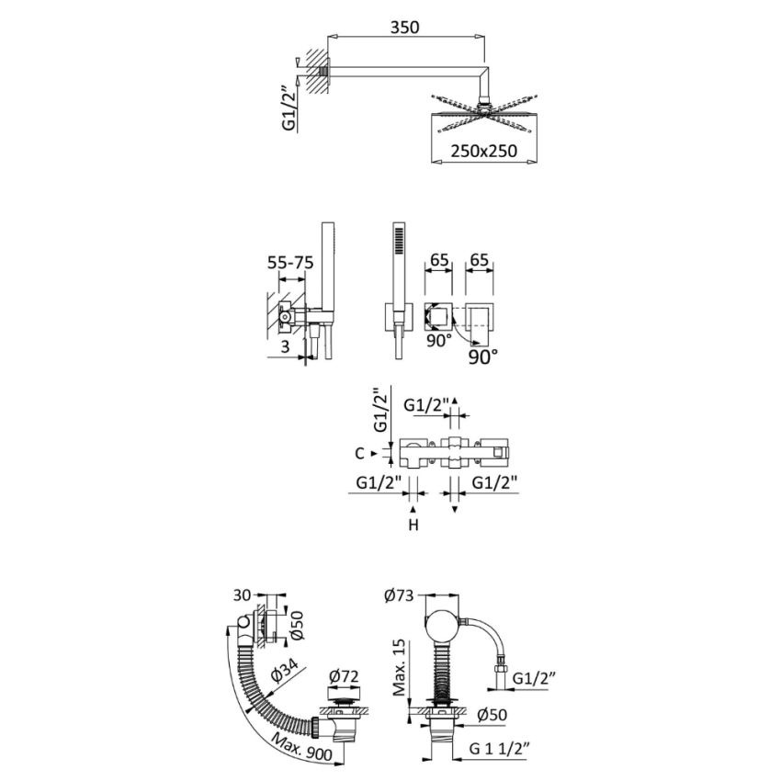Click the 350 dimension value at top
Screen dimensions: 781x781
[404, 27]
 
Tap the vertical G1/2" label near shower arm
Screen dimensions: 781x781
[290, 107]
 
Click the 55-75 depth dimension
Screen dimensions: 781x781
[289, 263]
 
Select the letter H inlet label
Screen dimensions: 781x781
[413, 526]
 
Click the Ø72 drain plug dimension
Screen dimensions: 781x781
[343, 677]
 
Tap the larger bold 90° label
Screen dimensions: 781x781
[482, 355]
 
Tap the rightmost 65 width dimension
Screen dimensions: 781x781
[478, 262]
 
